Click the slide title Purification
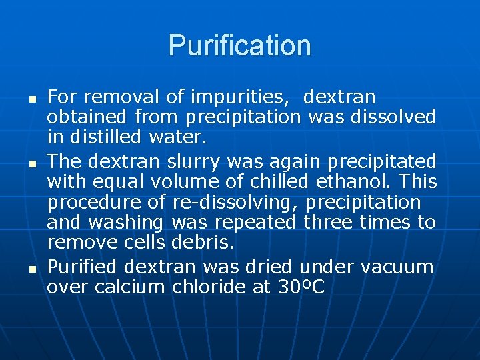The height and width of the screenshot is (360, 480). coord(240,45)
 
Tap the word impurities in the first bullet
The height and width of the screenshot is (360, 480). coord(240,97)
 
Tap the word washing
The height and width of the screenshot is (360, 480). coord(133,222)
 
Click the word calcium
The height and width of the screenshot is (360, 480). coord(129,287)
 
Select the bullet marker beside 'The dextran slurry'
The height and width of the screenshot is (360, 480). coord(33,161)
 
